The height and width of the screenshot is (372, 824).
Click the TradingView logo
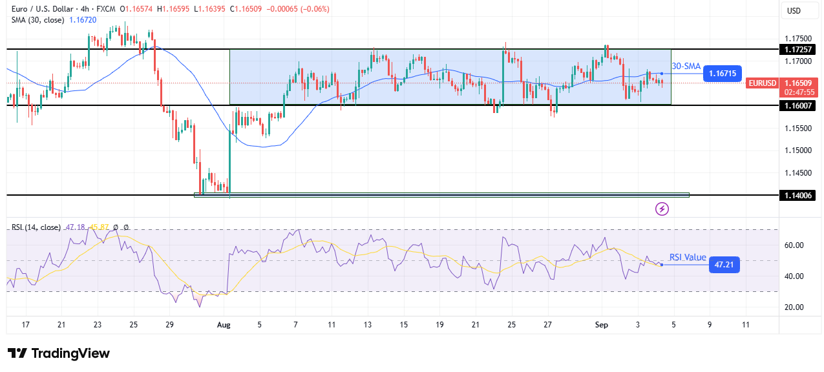58,353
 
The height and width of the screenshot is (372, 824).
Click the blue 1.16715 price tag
723,74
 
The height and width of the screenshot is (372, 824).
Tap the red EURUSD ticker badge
763,83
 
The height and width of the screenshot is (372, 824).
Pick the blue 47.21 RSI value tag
724,265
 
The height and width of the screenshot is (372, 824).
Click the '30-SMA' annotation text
686,66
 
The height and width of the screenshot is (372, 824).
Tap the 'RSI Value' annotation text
688,257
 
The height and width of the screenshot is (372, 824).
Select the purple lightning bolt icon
662,209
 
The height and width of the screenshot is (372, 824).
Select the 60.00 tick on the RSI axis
793,245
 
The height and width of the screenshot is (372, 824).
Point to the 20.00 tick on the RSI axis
793,307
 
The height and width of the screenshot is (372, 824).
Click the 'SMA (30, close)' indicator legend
37,21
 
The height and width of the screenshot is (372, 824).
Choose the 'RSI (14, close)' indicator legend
36,227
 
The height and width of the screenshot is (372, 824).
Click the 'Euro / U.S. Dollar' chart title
52,9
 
